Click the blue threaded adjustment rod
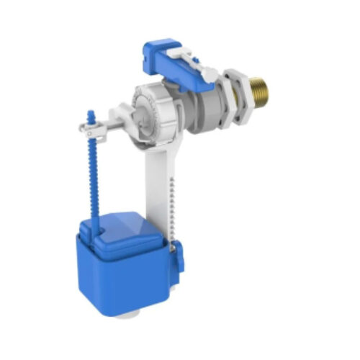(x=93, y=173)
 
